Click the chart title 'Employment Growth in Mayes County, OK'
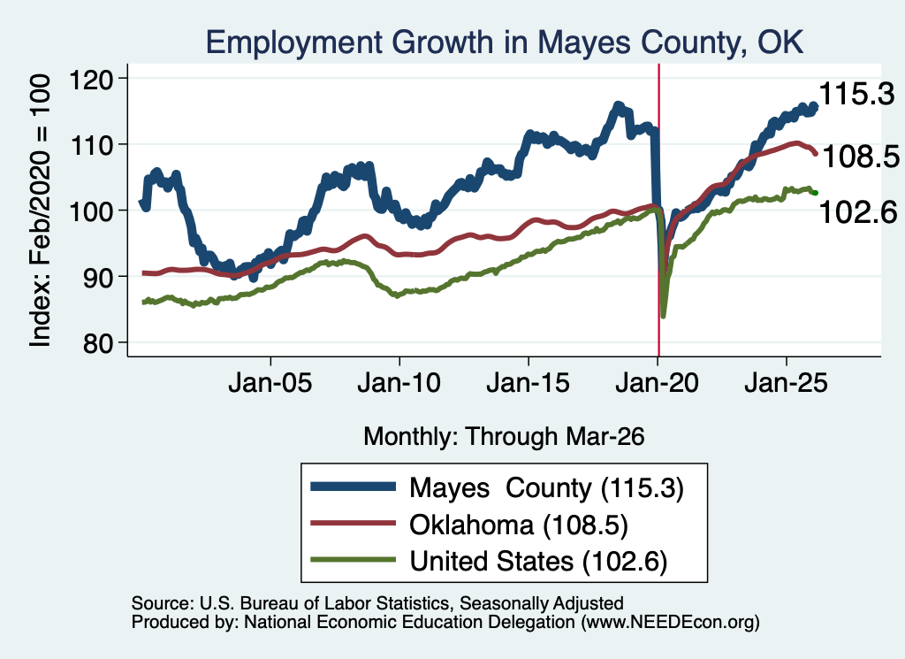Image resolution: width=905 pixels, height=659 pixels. click(505, 42)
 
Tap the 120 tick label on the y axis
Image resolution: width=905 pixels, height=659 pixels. click(91, 79)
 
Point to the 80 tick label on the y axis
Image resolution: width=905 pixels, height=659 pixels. click(98, 342)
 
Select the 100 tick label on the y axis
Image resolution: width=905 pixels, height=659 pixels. click(91, 211)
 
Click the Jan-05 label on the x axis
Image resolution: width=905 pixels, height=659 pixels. click(270, 383)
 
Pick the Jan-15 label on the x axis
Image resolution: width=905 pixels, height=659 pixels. click(529, 383)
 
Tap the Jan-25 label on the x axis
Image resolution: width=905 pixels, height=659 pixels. click(786, 383)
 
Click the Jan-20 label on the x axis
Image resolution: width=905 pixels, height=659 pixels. click(657, 383)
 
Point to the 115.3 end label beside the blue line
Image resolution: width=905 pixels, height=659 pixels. click(856, 94)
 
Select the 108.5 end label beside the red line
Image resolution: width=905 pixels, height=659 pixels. click(861, 157)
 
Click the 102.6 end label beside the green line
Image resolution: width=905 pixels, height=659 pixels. click(858, 212)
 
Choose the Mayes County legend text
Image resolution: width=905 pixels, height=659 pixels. click(546, 488)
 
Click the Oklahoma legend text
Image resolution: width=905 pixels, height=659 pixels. click(518, 525)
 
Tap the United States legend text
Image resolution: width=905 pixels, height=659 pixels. click(538, 562)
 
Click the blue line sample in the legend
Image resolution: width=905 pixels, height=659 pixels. click(354, 487)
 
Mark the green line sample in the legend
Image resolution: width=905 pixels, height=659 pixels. click(354, 560)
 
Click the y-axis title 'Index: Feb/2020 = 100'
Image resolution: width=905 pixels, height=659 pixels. click(40, 211)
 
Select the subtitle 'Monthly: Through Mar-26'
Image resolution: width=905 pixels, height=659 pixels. click(504, 437)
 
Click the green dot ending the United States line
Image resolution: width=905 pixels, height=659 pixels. click(815, 209)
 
